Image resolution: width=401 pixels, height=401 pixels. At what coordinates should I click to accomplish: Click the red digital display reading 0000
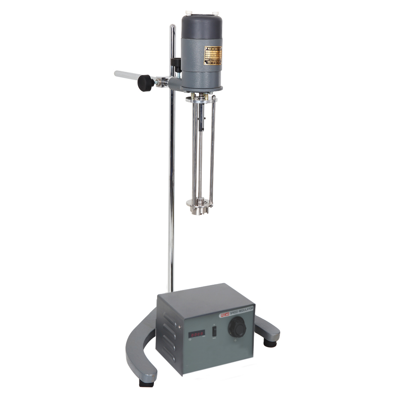[x=197, y=334]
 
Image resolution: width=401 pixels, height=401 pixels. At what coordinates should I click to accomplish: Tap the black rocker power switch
[x=214, y=331]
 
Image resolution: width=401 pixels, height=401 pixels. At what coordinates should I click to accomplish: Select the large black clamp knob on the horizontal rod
[x=146, y=83]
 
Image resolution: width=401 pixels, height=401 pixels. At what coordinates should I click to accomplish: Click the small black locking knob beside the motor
[x=175, y=63]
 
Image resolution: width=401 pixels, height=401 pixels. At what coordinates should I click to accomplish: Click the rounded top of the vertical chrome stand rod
[x=172, y=27]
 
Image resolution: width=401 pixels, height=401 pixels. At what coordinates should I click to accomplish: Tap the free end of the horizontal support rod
[x=117, y=74]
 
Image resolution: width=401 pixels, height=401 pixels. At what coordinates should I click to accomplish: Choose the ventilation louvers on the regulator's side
[x=168, y=336]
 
